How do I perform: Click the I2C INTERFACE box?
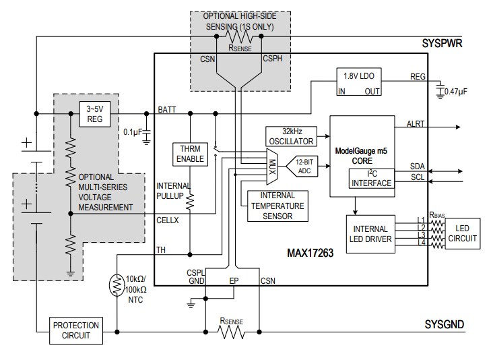tap(370, 179)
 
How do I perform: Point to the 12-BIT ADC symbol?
tap(300, 166)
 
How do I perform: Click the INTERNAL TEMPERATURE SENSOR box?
tap(278, 206)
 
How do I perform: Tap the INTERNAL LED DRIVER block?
tap(369, 234)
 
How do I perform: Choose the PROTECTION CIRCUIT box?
tap(76, 330)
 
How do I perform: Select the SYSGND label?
tap(443, 325)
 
